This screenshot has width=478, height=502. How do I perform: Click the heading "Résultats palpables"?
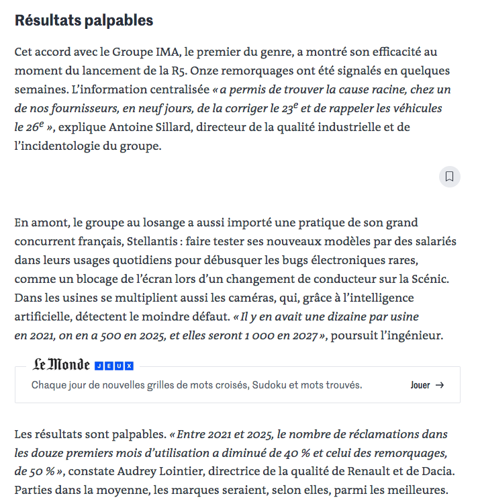(x=84, y=21)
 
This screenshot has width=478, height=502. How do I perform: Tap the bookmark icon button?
(x=449, y=177)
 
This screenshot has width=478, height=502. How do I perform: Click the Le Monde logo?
(x=62, y=365)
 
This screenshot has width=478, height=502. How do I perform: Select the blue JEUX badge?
(x=114, y=366)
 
